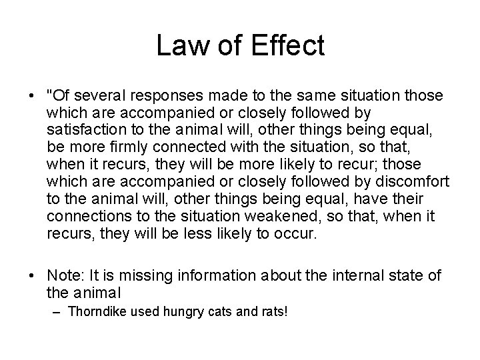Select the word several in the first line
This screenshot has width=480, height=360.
(x=101, y=95)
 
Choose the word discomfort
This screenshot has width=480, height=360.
(x=415, y=182)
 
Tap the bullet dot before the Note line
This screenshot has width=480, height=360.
(x=32, y=275)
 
